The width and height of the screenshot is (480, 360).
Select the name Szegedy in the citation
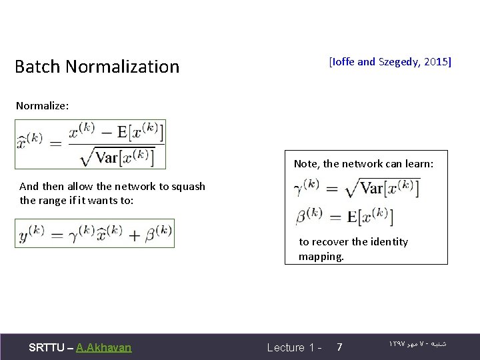click(398, 62)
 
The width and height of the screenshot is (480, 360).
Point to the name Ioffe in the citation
click(343, 62)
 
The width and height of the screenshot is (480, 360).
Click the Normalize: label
click(42, 105)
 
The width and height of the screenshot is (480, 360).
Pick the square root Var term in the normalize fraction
click(117, 155)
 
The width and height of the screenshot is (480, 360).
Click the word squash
click(188, 187)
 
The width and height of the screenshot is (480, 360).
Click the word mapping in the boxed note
click(321, 256)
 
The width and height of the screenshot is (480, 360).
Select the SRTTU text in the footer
click(47, 347)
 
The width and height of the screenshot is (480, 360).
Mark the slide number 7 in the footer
click(340, 347)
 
